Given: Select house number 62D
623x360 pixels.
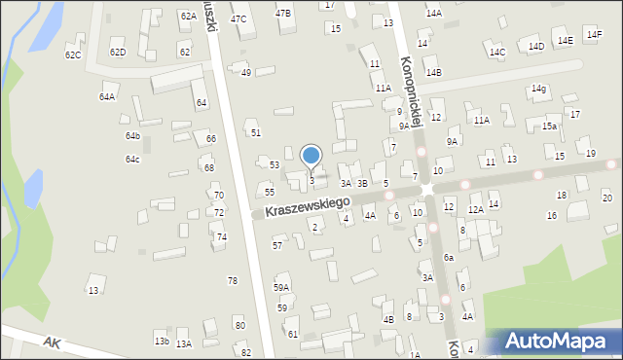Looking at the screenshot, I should [x=118, y=52].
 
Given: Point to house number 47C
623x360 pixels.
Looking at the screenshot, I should [x=238, y=19].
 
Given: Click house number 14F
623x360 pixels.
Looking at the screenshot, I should [x=594, y=35].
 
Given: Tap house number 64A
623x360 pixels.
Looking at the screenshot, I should [x=107, y=97].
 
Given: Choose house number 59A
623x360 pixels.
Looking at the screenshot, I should [x=281, y=287].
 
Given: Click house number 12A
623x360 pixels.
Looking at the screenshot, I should [x=475, y=210].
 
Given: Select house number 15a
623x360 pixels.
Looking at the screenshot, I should [x=550, y=126].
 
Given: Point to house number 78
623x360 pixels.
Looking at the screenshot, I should [x=233, y=280].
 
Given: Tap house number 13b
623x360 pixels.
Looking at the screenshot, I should [x=162, y=341].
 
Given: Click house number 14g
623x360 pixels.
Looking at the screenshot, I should [x=538, y=89].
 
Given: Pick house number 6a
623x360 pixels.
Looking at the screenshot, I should [x=449, y=257].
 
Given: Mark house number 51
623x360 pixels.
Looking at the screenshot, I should [x=256, y=132].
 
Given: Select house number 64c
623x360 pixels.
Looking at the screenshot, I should [x=132, y=159].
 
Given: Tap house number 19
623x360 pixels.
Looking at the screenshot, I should [x=591, y=154].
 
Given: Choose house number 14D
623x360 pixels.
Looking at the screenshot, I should [x=536, y=46].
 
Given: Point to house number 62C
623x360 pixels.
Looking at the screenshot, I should [x=73, y=55].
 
